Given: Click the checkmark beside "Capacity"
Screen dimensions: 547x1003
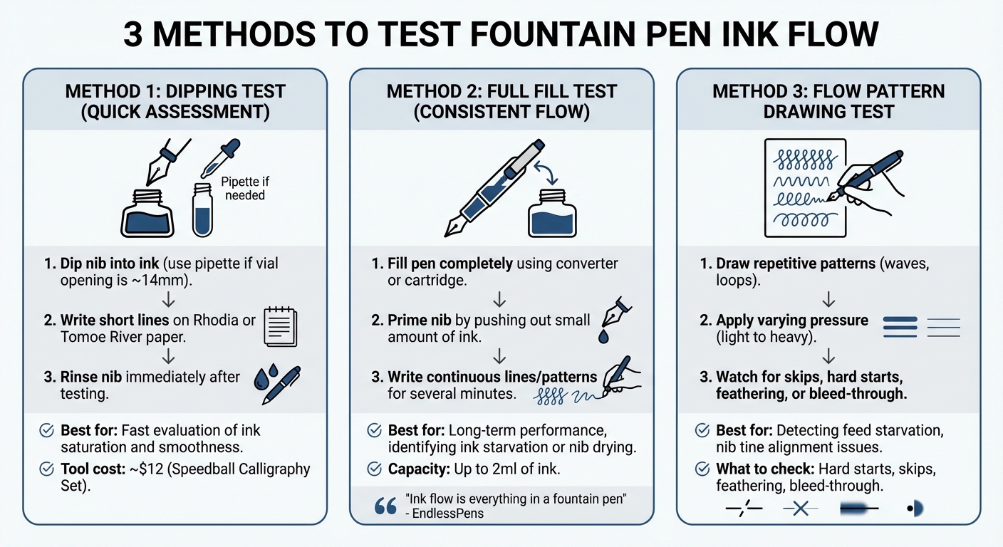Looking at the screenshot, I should click(x=374, y=469).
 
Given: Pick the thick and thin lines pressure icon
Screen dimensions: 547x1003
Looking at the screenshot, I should click(x=922, y=326).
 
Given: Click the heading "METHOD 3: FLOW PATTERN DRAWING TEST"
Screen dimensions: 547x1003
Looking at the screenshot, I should click(x=828, y=101).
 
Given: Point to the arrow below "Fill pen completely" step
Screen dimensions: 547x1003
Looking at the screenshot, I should click(x=499, y=296).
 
